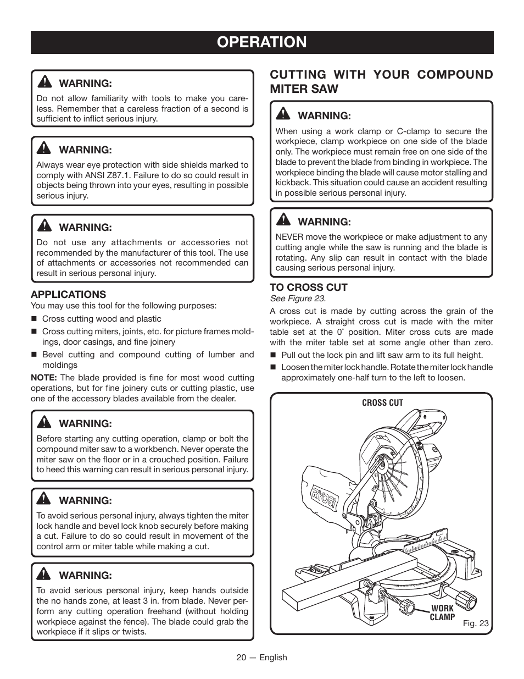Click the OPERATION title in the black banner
tap(261, 42)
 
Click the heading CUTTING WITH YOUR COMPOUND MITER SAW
tap(381, 81)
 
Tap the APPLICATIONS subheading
tap(68, 294)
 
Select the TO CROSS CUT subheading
tap(308, 287)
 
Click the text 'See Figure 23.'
tap(297, 299)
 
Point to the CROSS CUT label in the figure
tap(382, 403)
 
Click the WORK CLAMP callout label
tap(442, 612)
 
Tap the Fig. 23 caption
tap(475, 623)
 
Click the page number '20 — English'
tap(261, 658)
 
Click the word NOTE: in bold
tap(44, 378)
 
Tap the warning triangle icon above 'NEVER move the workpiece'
tap(283, 220)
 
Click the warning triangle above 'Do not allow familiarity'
tap(44, 82)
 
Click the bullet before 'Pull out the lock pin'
tap(273, 356)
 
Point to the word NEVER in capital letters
tap(289, 237)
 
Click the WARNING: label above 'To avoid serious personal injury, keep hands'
tap(85, 575)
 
